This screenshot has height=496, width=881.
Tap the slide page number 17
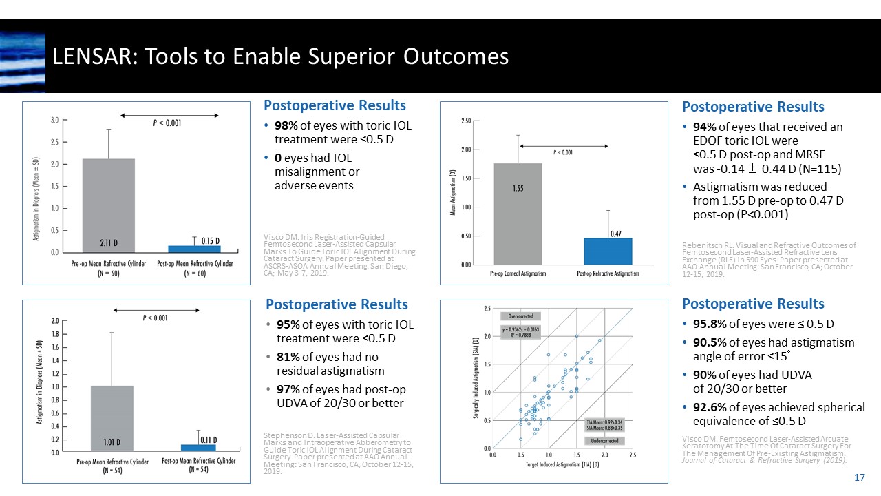pyautogui.click(x=859, y=477)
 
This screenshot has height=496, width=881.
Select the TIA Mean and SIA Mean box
pyautogui.click(x=604, y=424)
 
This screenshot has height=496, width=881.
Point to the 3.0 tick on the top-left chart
pyautogui.click(x=54, y=120)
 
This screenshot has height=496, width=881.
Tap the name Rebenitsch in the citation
pyautogui.click(x=702, y=245)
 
